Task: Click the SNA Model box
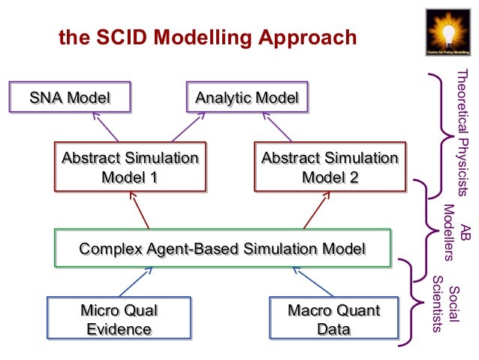[69, 98]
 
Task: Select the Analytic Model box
[247, 98]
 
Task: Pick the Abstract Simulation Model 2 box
[330, 168]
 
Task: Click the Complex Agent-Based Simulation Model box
[222, 247]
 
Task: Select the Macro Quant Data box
[334, 319]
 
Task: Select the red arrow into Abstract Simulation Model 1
[140, 210]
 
